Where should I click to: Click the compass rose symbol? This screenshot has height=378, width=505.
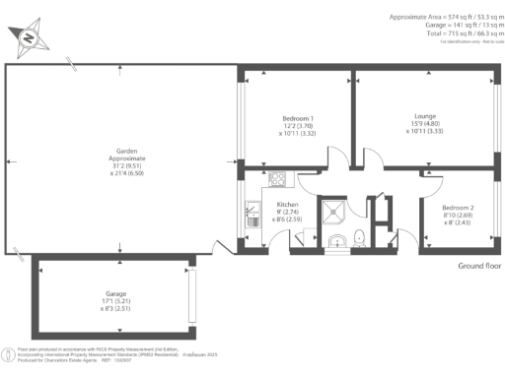[x=30, y=37]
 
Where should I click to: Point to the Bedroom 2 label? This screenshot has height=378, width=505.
[x=457, y=208]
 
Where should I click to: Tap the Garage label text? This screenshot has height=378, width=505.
[x=115, y=293]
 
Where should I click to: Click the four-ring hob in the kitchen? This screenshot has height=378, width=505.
[x=277, y=179]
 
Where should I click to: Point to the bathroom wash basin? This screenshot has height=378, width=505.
[x=335, y=241]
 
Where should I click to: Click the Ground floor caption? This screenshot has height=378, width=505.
[x=480, y=266]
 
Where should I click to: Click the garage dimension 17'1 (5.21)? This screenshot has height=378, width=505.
[x=115, y=301]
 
